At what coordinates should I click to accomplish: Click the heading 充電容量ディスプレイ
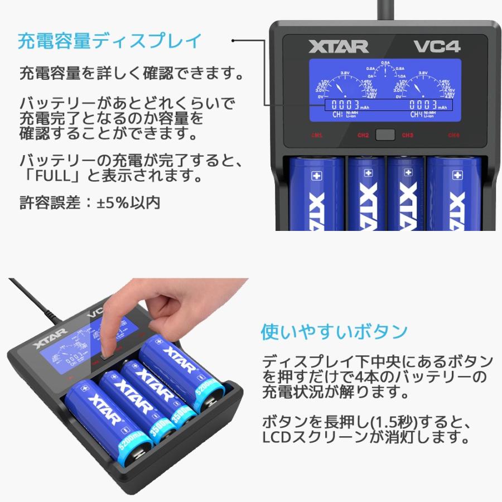[x=109, y=41]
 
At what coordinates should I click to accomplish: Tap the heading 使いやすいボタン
[x=334, y=331]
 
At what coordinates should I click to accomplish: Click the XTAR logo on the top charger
[x=338, y=46]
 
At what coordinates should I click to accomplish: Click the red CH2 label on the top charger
[x=363, y=135]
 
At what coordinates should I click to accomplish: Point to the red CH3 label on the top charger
[x=407, y=135]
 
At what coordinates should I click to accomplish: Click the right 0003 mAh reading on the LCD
[x=426, y=105]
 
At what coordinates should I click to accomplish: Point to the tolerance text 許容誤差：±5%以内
[x=90, y=202]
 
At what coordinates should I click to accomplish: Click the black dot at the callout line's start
[x=234, y=41]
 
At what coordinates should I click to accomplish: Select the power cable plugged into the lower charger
[x=33, y=304]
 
